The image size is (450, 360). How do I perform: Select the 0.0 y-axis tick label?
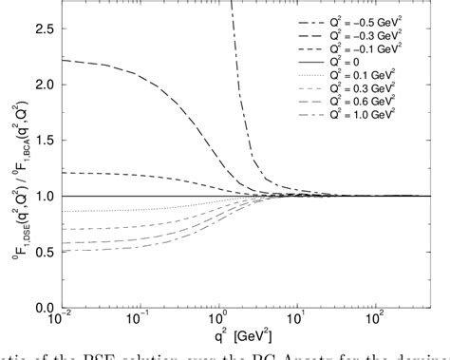44,308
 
